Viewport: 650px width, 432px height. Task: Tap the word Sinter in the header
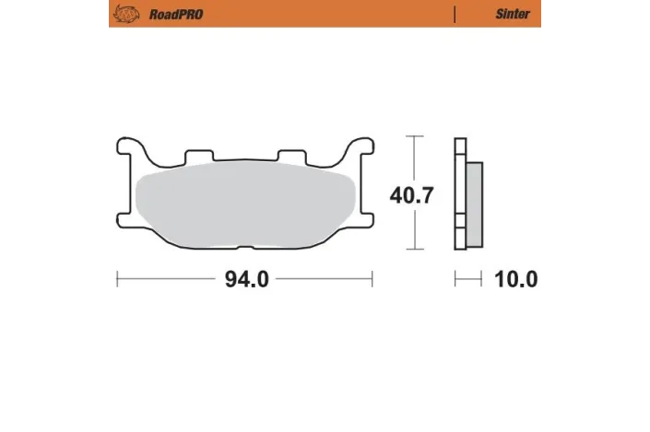point(512,14)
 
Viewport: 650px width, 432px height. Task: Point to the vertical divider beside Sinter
point(455,14)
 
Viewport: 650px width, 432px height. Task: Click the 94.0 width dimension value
point(246,279)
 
